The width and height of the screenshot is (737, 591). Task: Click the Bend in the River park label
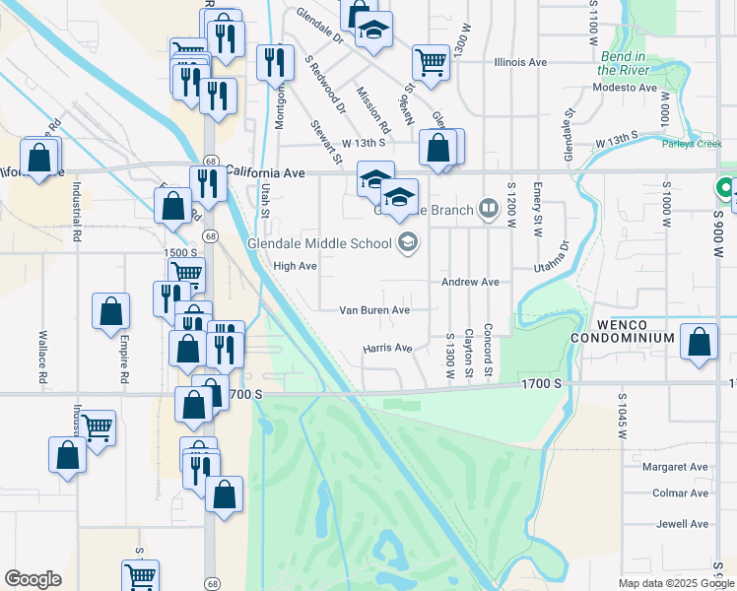coord(622,63)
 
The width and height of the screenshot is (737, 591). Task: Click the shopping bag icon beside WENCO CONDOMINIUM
coord(700,344)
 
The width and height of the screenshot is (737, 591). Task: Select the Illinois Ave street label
coord(520,62)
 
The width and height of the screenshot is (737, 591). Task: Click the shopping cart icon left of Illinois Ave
coord(431,62)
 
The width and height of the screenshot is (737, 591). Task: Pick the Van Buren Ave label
coord(374,309)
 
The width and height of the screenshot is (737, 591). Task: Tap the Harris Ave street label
coord(387,348)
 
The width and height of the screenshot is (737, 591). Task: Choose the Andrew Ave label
coord(470,282)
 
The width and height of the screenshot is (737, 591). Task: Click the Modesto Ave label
coord(625,88)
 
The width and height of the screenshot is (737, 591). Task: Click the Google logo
coord(33,579)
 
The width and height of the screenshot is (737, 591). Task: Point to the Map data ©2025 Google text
coord(675,583)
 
